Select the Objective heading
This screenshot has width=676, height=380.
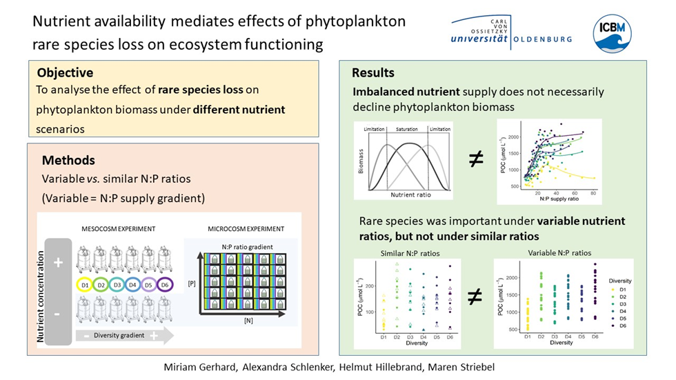(65, 72)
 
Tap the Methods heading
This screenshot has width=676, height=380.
(68, 160)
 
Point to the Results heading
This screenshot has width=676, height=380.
(373, 72)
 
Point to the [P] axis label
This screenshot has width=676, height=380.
(192, 283)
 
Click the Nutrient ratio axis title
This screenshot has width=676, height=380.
(412, 195)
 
